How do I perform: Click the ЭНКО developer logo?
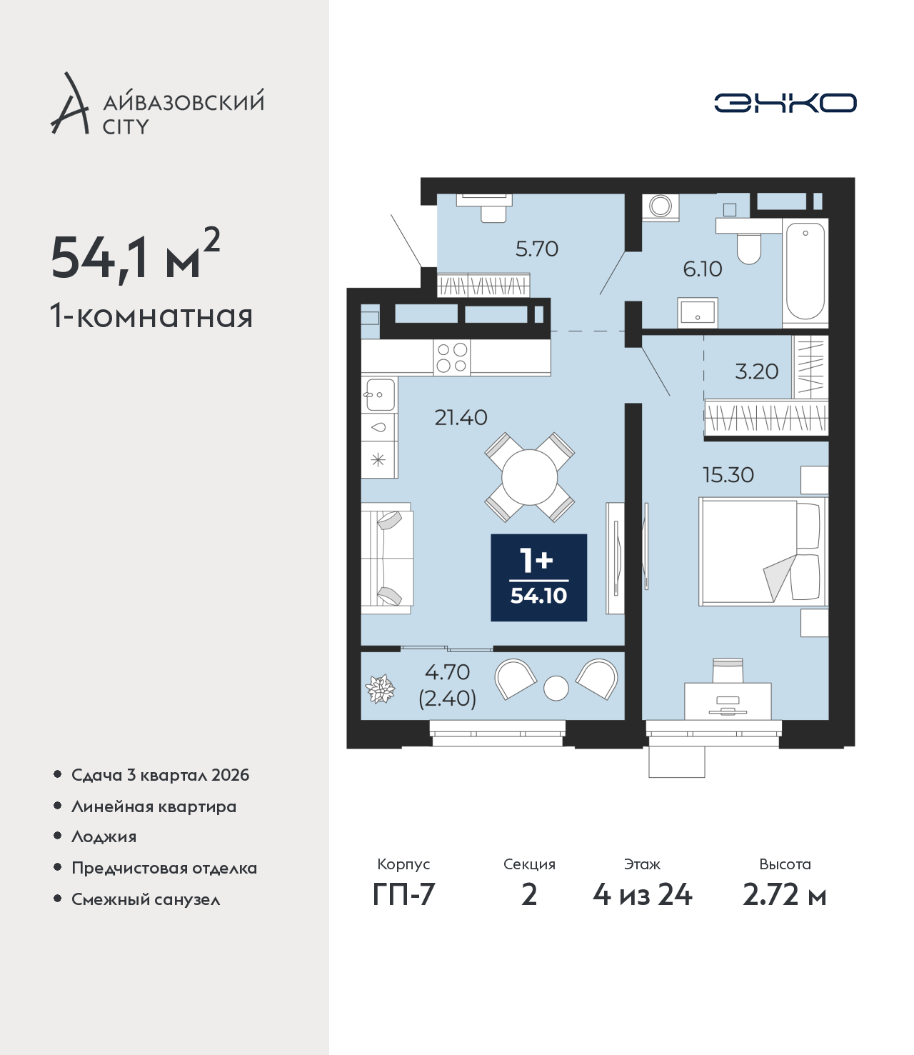(x=785, y=103)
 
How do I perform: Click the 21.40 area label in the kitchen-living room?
(x=461, y=418)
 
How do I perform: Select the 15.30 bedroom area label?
(x=728, y=475)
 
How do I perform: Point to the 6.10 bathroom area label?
(x=703, y=269)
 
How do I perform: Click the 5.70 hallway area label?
(x=537, y=249)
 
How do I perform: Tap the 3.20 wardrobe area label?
(x=757, y=371)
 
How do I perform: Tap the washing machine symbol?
(x=661, y=207)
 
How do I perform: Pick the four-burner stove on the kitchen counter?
(x=452, y=357)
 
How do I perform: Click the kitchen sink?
(x=380, y=394)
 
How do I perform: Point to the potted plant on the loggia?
(x=380, y=689)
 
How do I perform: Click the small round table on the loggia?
(x=556, y=688)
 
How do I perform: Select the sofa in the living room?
(x=387, y=558)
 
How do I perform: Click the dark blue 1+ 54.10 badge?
(x=539, y=577)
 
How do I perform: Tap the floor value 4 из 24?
(x=643, y=895)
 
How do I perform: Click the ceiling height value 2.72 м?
(x=784, y=895)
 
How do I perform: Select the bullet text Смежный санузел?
(x=146, y=899)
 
